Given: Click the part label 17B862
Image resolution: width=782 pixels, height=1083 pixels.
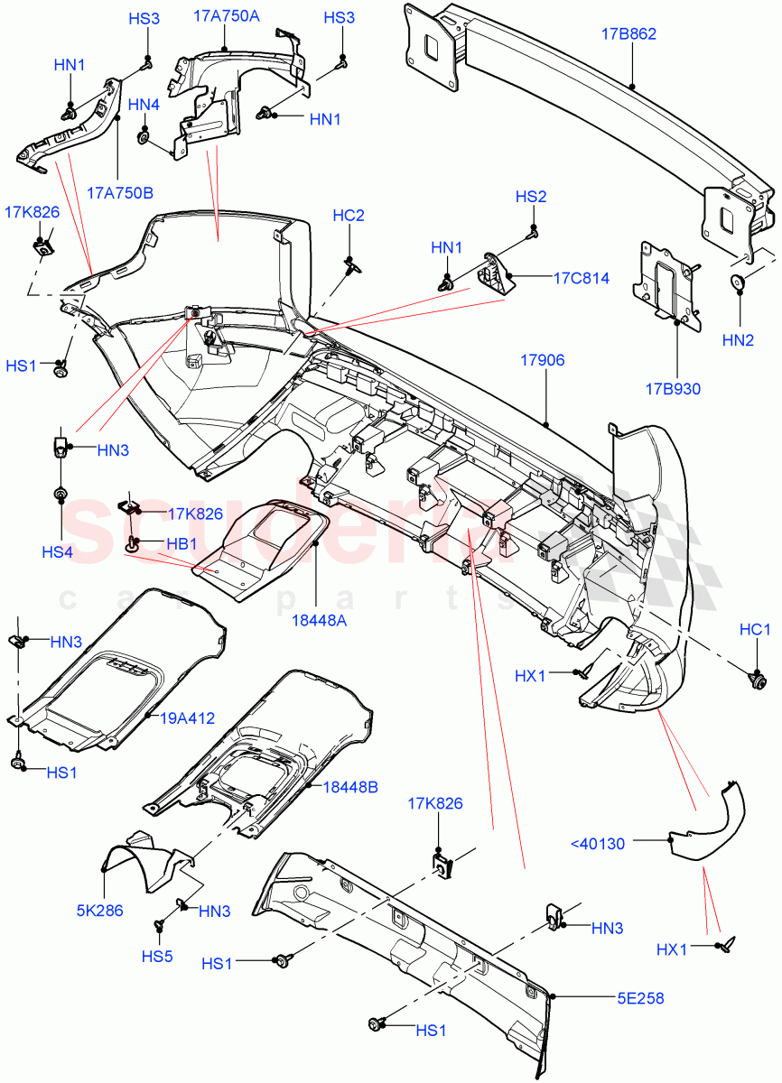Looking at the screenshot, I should (628, 35).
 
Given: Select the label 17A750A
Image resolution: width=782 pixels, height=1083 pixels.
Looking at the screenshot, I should (226, 15).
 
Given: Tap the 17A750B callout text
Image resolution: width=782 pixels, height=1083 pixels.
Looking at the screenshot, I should (120, 193).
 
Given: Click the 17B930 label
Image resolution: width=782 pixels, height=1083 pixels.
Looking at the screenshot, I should (673, 389).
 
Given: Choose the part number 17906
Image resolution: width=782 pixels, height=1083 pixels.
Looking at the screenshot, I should (542, 360).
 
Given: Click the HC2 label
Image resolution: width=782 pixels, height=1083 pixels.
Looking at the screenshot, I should (349, 215).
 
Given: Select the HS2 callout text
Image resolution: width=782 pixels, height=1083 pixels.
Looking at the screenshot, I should (531, 197).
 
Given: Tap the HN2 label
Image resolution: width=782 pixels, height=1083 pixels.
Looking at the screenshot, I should (739, 339).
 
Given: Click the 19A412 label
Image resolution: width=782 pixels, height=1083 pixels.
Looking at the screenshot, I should (188, 718).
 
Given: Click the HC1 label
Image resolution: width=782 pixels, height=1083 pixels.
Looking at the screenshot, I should (755, 628).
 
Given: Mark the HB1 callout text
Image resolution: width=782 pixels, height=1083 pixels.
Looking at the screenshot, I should (182, 544).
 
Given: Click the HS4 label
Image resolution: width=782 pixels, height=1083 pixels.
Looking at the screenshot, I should (61, 551).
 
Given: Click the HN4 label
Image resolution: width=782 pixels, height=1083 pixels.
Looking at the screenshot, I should (144, 106).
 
